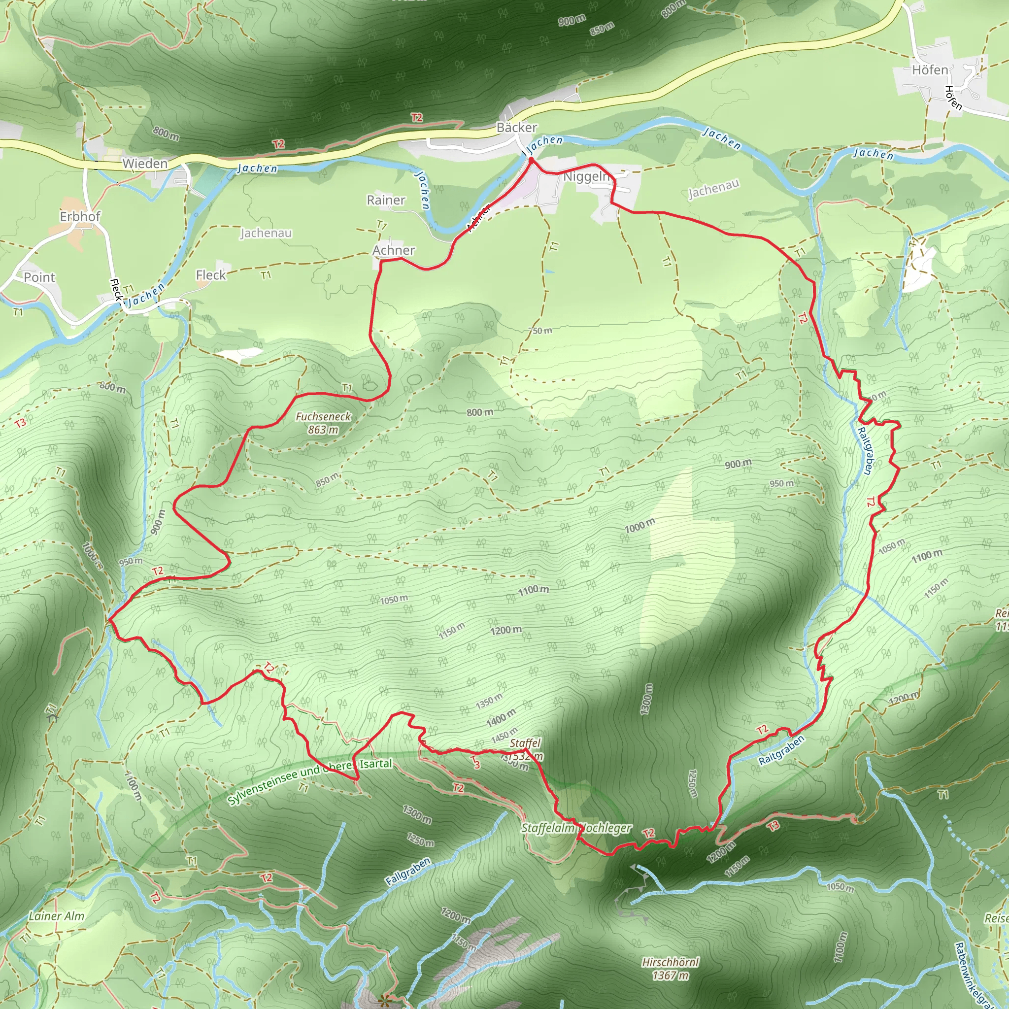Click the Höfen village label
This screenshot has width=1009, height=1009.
pyautogui.click(x=930, y=69)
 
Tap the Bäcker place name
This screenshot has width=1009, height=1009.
pyautogui.click(x=516, y=128)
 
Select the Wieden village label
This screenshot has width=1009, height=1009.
pyautogui.click(x=145, y=164)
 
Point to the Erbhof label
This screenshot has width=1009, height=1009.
pyautogui.click(x=80, y=216)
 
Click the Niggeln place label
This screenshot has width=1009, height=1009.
pyautogui.click(x=586, y=176)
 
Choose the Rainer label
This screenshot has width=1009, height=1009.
pyautogui.click(x=386, y=200)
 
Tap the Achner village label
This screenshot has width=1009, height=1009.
pyautogui.click(x=393, y=250)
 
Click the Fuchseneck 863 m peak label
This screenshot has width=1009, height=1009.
pyautogui.click(x=323, y=423)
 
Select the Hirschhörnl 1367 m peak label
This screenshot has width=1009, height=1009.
pyautogui.click(x=670, y=968)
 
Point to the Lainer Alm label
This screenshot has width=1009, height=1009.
pyautogui.click(x=56, y=915)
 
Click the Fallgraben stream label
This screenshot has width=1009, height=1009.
pyautogui.click(x=408, y=871)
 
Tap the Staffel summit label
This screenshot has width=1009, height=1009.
pyautogui.click(x=525, y=743)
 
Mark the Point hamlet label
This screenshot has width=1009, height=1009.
pyautogui.click(x=39, y=277)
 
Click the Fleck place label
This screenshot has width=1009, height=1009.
pyautogui.click(x=210, y=275)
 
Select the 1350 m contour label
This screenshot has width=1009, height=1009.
pyautogui.click(x=489, y=701)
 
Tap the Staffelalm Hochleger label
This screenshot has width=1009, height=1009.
pyautogui.click(x=576, y=828)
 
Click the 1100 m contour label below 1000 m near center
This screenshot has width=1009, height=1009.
pyautogui.click(x=533, y=590)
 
